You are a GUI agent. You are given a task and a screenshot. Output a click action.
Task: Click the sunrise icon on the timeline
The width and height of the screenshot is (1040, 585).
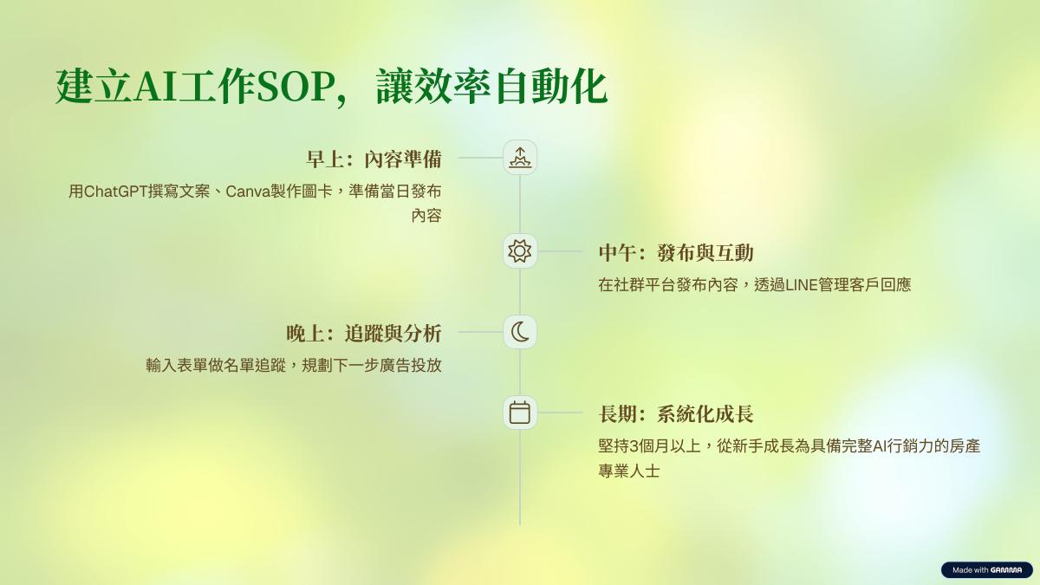click(520, 158)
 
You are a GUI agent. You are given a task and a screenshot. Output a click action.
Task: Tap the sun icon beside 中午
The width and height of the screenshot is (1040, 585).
click(520, 251)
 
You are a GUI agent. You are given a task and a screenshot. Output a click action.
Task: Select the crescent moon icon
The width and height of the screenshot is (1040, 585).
click(520, 332)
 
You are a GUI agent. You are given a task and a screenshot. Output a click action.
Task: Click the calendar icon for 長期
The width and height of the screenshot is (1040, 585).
click(520, 413)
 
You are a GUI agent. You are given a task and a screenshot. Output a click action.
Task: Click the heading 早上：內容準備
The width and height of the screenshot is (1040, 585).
click(374, 159)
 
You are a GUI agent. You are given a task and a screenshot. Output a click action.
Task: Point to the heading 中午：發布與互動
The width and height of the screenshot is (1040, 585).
click(676, 253)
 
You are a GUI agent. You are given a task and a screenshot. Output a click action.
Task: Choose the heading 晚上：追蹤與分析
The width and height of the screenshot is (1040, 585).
click(363, 334)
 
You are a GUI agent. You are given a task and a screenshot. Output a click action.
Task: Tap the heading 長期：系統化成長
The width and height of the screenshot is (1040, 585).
click(676, 414)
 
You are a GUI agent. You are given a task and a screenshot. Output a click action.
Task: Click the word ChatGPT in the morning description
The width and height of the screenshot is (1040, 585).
click(116, 192)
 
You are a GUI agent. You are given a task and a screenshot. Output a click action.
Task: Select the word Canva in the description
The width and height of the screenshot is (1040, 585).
click(249, 192)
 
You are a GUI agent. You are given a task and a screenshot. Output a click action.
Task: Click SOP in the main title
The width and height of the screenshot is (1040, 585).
click(296, 87)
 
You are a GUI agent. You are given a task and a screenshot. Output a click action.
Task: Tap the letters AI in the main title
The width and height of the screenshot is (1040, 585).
click(155, 87)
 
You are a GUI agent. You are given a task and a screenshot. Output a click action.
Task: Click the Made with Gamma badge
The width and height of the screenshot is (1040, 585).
click(987, 569)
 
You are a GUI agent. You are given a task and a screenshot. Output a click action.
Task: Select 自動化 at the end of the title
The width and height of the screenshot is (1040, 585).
click(551, 87)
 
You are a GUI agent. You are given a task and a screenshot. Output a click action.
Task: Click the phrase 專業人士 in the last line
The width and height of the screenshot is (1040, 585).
click(629, 471)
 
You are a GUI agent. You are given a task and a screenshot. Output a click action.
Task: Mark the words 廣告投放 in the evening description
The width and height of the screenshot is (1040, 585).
click(411, 366)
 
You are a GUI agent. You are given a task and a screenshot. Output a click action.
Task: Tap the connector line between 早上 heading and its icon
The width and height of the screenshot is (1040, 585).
click(480, 158)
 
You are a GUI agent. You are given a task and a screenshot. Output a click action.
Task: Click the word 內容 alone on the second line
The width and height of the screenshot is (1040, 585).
click(426, 216)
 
